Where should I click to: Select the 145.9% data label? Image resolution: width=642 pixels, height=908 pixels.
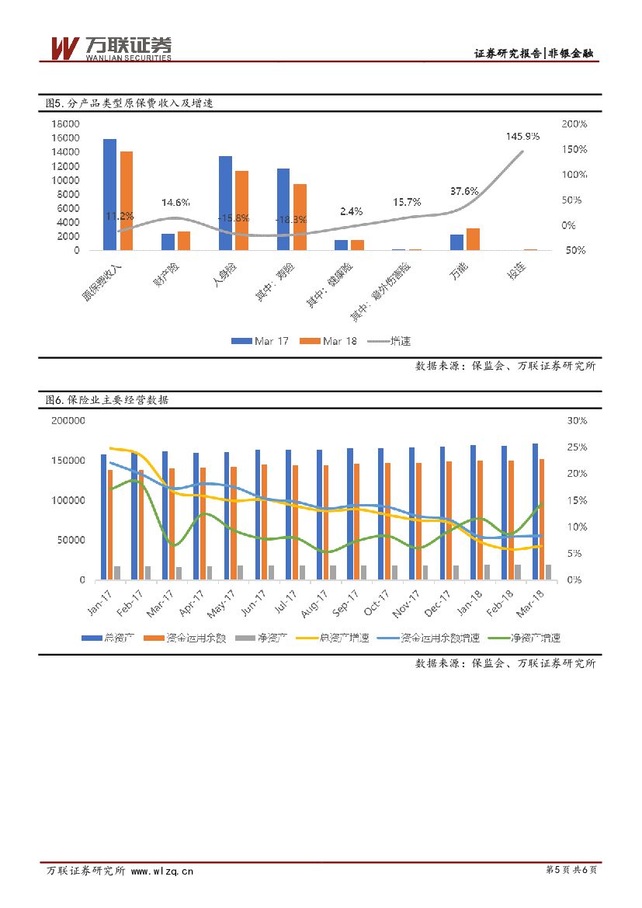(522, 136)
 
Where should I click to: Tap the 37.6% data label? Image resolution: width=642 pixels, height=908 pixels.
(464, 191)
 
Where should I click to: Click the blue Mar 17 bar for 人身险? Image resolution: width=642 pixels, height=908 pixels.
(225, 203)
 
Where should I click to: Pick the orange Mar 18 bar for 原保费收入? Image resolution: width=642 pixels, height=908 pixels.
(127, 200)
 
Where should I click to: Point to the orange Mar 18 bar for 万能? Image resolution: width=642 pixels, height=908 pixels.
(473, 239)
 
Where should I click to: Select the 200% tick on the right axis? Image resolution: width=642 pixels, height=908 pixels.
(574, 124)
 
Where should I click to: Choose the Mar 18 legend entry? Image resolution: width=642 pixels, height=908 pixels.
(331, 341)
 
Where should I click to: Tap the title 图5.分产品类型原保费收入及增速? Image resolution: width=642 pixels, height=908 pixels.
(129, 103)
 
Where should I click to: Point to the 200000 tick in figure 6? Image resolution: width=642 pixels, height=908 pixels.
(67, 420)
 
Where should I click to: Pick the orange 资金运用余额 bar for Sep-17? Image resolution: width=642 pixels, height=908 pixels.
(357, 521)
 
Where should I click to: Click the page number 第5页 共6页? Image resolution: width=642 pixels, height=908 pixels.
(572, 870)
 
